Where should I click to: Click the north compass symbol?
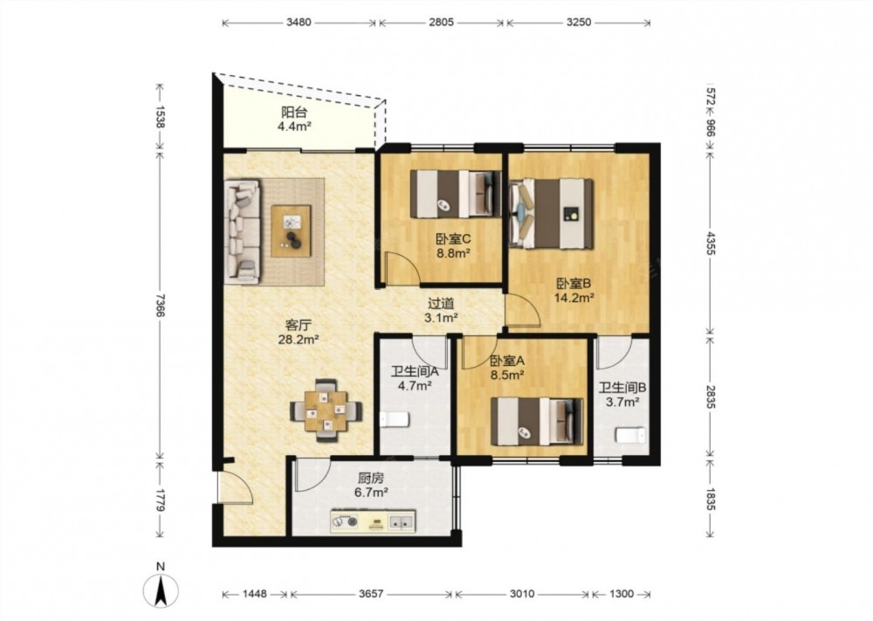(x=161, y=590)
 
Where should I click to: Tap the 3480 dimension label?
(x=299, y=23)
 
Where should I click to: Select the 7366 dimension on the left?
(x=160, y=305)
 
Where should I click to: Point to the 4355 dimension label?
(x=711, y=243)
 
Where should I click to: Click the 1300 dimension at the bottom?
(x=621, y=594)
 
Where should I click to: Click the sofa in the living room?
(x=243, y=231)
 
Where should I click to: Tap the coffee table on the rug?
(x=292, y=231)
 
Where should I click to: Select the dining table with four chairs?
(x=327, y=411)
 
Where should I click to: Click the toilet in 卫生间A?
(x=395, y=419)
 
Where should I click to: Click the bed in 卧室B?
(x=551, y=213)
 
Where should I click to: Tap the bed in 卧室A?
(x=537, y=422)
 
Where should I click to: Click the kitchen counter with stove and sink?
(x=373, y=521)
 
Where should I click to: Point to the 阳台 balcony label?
(x=294, y=112)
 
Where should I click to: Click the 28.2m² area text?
(x=299, y=339)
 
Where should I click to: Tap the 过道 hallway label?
(x=441, y=304)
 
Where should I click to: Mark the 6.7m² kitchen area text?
(x=371, y=492)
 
